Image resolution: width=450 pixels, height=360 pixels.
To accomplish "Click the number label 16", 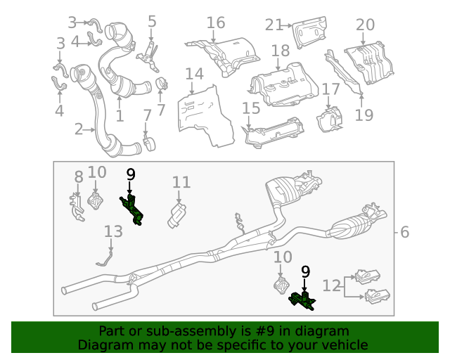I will pos(216,22).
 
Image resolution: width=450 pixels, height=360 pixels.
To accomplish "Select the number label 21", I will pos(273,25).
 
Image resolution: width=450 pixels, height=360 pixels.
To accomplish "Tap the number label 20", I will pos(365,25).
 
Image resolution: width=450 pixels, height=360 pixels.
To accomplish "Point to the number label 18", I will pos(280,51).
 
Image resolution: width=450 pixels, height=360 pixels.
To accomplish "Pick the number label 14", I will pos(194,74).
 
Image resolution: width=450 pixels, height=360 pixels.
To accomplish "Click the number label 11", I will pos(181,183).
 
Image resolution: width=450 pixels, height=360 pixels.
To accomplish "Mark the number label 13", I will pos(112,231).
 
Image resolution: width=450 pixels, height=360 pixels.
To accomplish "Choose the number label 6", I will pos(405,232).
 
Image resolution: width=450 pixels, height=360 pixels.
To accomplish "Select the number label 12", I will pos(331,285).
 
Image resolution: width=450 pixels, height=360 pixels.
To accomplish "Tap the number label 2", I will pos(79,129).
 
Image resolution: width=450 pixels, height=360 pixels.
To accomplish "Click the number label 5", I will pos(152,21).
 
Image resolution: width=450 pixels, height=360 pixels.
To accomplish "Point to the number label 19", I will pos(364,115).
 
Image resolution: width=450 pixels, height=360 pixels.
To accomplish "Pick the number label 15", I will pos(251,108).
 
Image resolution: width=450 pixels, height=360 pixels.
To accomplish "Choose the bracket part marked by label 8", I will pos(77,207).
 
